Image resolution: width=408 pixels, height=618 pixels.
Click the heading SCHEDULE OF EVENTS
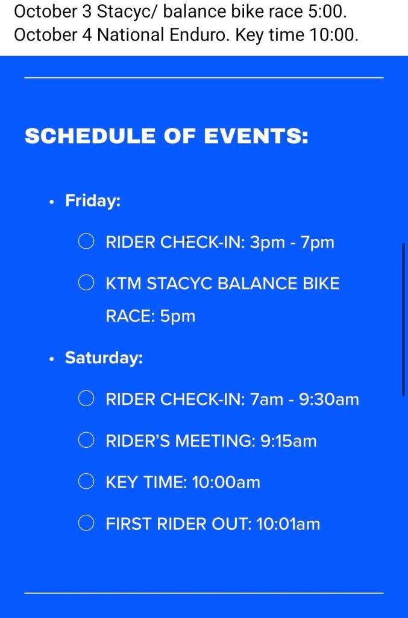tap(166, 136)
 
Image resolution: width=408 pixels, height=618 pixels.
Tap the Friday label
tap(93, 200)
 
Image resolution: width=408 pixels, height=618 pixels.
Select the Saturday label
tap(104, 358)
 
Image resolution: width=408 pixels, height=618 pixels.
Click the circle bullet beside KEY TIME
tap(86, 481)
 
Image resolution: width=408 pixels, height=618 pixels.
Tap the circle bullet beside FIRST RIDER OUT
tap(86, 523)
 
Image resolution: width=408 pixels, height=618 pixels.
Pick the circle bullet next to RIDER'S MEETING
tap(86, 440)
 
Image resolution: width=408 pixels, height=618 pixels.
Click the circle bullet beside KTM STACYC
tap(86, 282)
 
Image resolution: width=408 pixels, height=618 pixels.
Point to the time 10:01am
tap(288, 524)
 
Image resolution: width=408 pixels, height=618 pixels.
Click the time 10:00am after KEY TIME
tap(226, 482)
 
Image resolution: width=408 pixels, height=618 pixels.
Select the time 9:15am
tap(289, 441)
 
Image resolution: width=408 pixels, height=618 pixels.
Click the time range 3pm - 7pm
tap(292, 242)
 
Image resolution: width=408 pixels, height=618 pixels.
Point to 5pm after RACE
tap(177, 316)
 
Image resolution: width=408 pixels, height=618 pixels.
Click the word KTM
tap(124, 284)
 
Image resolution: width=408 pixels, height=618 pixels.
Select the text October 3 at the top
tap(52, 12)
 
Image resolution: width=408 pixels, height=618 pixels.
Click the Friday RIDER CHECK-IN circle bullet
tap(86, 241)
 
